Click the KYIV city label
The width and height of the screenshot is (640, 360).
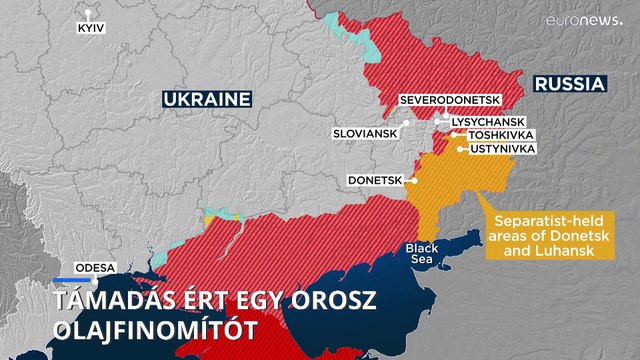click(x=90, y=30)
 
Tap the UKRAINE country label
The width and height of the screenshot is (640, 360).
click(x=206, y=100)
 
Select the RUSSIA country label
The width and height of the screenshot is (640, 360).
click(x=569, y=85)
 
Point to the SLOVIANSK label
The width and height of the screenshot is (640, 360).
click(x=366, y=133)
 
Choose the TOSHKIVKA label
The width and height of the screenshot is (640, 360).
click(x=501, y=135)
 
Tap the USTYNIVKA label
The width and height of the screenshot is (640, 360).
click(x=502, y=149)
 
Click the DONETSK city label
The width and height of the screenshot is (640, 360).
click(x=373, y=181)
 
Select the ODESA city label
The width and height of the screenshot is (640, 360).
click(x=96, y=268)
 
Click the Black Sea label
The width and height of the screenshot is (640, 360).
click(x=420, y=253)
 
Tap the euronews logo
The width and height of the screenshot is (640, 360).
click(x=584, y=19)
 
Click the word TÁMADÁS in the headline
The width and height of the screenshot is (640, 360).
click(x=116, y=300)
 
